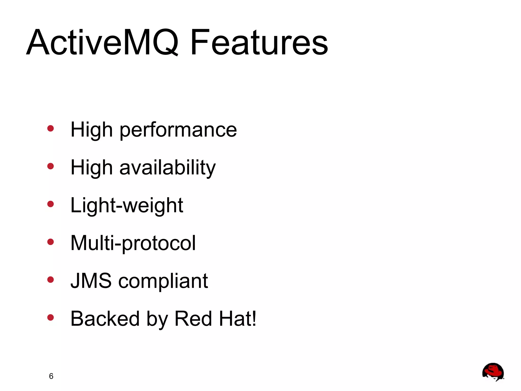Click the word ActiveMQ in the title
click(103, 42)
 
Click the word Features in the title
click(259, 42)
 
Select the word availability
click(167, 168)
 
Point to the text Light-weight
click(127, 205)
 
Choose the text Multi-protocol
click(133, 243)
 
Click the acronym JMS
click(91, 281)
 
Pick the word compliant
click(163, 281)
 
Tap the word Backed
click(105, 318)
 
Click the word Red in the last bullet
click(193, 318)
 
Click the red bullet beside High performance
click(51, 128)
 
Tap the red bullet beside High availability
click(51, 166)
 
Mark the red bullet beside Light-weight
click(51, 204)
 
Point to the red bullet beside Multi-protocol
click(51, 242)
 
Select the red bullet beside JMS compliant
click(51, 280)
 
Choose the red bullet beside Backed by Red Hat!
click(51, 317)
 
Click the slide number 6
click(51, 376)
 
